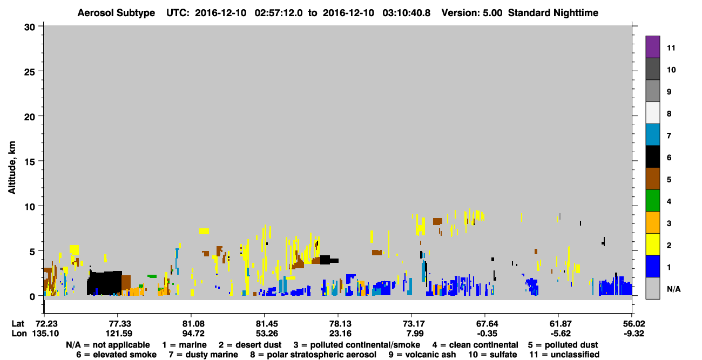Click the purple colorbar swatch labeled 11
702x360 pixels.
pyautogui.click(x=652, y=47)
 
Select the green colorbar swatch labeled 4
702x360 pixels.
pyautogui.click(x=652, y=201)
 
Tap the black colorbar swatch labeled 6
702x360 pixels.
pyautogui.click(x=652, y=157)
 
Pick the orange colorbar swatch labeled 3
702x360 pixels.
pyautogui.click(x=652, y=222)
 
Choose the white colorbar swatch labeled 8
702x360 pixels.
pyautogui.click(x=652, y=113)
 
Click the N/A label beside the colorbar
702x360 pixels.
pyautogui.click(x=673, y=289)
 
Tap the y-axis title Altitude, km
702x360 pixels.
pyautogui.click(x=12, y=167)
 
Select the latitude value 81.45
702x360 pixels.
pyautogui.click(x=267, y=324)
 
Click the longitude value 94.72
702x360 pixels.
pyautogui.click(x=193, y=334)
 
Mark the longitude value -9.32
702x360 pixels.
pyautogui.click(x=633, y=334)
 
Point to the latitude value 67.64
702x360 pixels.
pyautogui.click(x=487, y=324)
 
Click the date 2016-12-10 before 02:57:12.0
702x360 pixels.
pyautogui.click(x=221, y=13)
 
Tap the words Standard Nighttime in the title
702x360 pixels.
pyautogui.click(x=553, y=13)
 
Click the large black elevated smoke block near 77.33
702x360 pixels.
pyautogui.click(x=104, y=283)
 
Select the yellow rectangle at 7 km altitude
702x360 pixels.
pyautogui.click(x=204, y=231)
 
